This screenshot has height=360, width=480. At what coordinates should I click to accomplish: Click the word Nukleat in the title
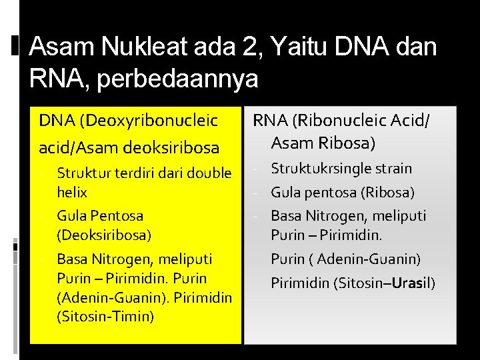click(x=141, y=47)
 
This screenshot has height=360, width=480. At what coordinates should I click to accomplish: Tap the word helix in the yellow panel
click(x=72, y=193)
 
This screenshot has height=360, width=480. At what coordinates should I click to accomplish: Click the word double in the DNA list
click(x=209, y=174)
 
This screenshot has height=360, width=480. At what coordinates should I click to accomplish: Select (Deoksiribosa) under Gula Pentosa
click(x=104, y=235)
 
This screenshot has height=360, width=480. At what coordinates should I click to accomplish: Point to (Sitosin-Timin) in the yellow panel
click(x=105, y=316)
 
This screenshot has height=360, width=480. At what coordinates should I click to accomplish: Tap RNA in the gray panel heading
click(x=267, y=121)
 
